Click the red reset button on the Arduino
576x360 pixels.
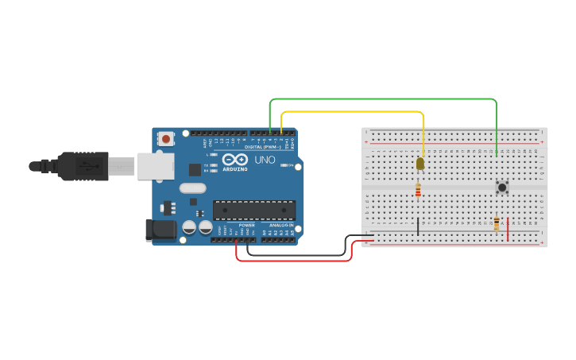pos(166,139)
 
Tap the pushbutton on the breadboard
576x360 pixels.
pos(502,188)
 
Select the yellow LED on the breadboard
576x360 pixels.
pos(420,164)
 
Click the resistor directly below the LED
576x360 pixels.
pos(418,191)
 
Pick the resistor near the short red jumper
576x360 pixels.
pos(497,224)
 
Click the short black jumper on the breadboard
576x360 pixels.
pos(418,226)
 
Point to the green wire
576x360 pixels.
pos(381,99)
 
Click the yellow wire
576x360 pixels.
pos(358,112)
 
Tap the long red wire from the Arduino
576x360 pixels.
pos(294,261)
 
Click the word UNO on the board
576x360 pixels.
pos(264,160)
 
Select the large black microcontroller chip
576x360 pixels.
pos(253,210)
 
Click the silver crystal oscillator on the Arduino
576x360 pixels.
pos(191,188)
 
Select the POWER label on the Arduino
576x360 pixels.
pos(247,225)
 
